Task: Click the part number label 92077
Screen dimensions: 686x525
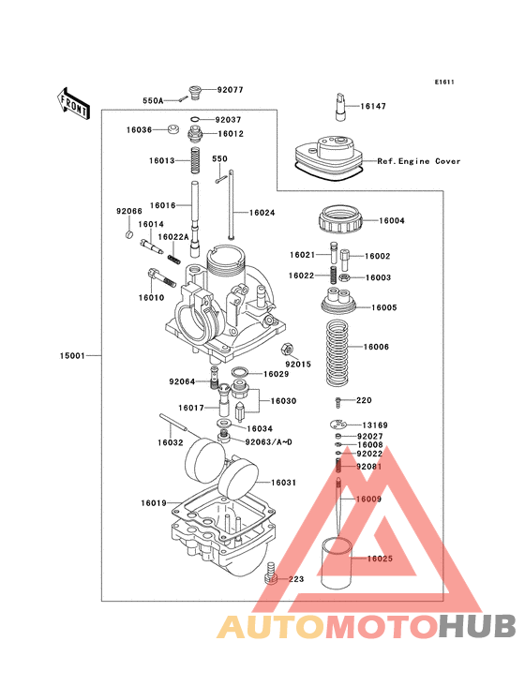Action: tap(230, 90)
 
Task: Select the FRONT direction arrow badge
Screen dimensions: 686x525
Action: tap(73, 98)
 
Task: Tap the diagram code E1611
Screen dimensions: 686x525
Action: tap(443, 82)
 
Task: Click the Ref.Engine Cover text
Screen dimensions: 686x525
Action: tap(419, 161)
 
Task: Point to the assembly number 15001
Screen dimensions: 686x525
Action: tap(74, 356)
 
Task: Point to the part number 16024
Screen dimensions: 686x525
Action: tap(262, 213)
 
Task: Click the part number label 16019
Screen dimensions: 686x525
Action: tap(154, 503)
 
